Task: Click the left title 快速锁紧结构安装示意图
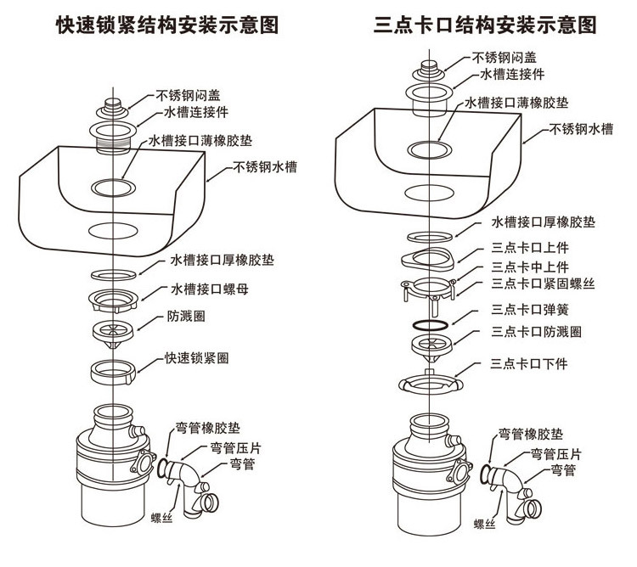(167, 25)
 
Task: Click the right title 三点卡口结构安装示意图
(485, 25)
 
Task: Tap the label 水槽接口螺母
(210, 289)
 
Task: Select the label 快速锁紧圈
(197, 358)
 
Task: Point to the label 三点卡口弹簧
(530, 310)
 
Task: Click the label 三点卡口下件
(528, 363)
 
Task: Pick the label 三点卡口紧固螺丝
(543, 283)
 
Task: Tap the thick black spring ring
(431, 324)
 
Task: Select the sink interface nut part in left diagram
(113, 301)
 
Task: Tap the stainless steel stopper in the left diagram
(112, 109)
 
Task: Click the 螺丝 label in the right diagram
(484, 524)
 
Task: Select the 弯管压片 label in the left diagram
(235, 448)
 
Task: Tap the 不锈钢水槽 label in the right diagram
(581, 129)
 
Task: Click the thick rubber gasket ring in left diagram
(113, 275)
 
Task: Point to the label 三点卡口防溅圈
(536, 332)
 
